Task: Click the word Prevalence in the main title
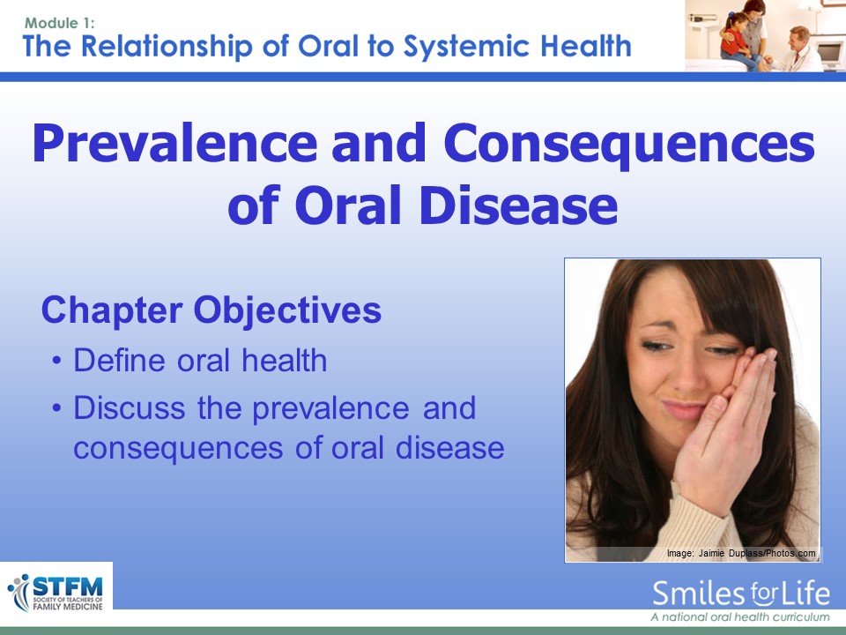point(174,143)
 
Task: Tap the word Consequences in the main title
point(629,145)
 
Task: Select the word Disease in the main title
point(518,205)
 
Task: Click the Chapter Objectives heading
point(211,310)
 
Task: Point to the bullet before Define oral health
point(56,360)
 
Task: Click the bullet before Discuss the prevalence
point(56,407)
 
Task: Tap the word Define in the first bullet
point(119,360)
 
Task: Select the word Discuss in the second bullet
point(130,407)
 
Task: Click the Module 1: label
point(59,23)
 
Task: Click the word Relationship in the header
point(167,46)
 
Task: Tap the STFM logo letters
point(68,586)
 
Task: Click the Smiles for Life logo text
point(741,594)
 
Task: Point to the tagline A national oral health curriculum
point(739,616)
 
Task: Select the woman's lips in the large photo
point(684,409)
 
